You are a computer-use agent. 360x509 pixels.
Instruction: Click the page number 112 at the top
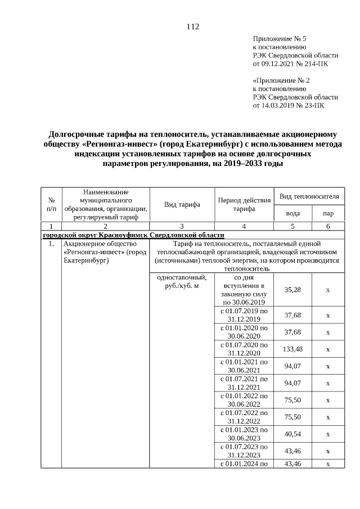coord(192,26)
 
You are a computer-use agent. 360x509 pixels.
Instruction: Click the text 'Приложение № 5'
coord(280,39)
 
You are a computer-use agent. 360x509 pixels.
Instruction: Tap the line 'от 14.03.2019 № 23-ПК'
coord(288,105)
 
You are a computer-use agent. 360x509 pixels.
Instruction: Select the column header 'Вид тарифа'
coord(182,205)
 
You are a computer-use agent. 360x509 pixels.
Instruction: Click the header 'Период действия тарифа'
coord(244,205)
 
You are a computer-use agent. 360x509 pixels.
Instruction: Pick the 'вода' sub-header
coord(292,214)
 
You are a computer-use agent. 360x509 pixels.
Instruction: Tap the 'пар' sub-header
coord(328,214)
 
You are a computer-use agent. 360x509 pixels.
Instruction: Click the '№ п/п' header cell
coord(51,205)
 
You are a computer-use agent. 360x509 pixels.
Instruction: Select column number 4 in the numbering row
coord(244,226)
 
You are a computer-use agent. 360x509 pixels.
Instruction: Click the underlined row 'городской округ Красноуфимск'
coord(133,235)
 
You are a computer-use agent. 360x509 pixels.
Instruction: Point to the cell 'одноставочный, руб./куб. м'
coord(182,281)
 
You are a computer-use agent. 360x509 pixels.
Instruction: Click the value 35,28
coord(292,290)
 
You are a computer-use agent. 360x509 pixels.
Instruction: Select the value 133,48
coord(292,349)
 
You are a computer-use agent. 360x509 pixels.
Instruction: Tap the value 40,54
coord(292,434)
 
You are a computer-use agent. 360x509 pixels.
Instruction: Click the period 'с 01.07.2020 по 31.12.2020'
coord(244,349)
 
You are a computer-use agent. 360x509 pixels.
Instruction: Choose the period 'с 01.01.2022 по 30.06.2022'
coord(244,400)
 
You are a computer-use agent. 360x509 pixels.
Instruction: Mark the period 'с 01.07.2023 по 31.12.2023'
coord(244,451)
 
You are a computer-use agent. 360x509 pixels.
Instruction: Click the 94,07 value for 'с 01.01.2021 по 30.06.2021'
coord(292,366)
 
